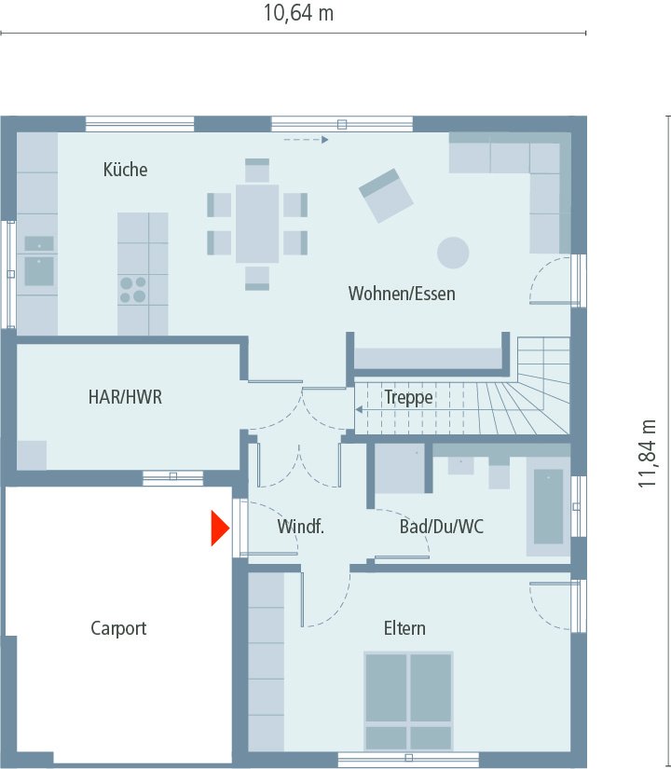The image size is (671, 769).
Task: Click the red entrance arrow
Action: coord(219,529)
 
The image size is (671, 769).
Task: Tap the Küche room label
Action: coord(125,170)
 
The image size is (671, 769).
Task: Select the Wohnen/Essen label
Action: coord(402,294)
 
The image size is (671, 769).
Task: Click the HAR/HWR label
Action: coord(125,397)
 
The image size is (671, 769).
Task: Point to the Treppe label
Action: coord(408,398)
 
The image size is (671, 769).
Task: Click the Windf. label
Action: coord(300,527)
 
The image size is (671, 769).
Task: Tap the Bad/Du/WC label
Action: coord(442,527)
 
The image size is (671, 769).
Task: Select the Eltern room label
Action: coord(404,628)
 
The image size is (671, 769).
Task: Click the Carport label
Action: coord(118,628)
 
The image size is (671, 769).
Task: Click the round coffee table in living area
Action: coord(454,252)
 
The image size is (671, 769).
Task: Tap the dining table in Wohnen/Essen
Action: coord(257,224)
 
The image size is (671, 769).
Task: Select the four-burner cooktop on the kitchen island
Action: coord(133,290)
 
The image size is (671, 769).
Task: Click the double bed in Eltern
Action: coord(408,701)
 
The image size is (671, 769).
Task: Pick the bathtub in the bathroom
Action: coord(548,506)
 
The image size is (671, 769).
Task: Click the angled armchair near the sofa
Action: coord(386,195)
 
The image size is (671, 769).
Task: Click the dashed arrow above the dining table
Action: coord(307,140)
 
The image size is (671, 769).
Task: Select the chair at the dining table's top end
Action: coord(257,171)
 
